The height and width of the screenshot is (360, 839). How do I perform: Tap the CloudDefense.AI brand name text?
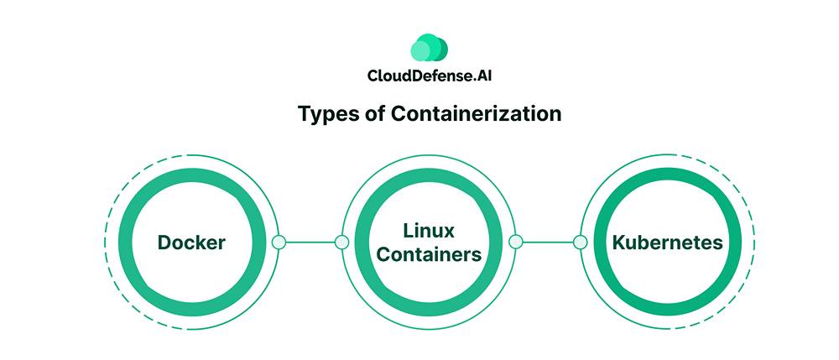pyautogui.click(x=429, y=76)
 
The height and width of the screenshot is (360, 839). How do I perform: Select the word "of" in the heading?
pyautogui.click(x=372, y=114)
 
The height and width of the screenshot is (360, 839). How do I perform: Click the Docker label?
pyautogui.click(x=191, y=243)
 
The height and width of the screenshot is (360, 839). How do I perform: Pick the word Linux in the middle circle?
pyautogui.click(x=429, y=229)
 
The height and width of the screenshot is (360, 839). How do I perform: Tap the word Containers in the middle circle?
pyautogui.click(x=429, y=254)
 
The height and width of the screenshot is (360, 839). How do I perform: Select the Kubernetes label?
pyautogui.click(x=668, y=243)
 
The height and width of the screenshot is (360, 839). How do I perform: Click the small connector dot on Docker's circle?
pyautogui.click(x=279, y=243)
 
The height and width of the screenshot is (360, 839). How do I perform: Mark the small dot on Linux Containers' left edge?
pyautogui.click(x=341, y=243)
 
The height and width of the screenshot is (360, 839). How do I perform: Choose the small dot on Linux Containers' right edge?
pyautogui.click(x=516, y=243)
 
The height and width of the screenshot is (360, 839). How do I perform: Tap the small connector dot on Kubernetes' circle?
pyautogui.click(x=580, y=243)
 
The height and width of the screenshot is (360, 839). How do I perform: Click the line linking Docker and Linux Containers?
pyautogui.click(x=310, y=243)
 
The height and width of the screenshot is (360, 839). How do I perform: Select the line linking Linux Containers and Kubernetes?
pyautogui.click(x=548, y=243)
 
